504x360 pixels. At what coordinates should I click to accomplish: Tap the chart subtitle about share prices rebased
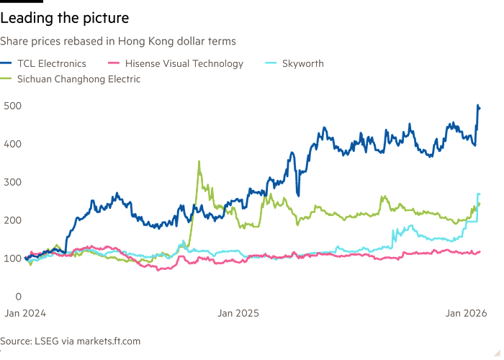pos(119,41)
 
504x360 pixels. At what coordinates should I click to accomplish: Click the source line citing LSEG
pos(71,340)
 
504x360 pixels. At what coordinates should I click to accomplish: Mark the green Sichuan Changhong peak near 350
pos(198,161)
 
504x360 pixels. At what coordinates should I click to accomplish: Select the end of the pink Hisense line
pos(481,251)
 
